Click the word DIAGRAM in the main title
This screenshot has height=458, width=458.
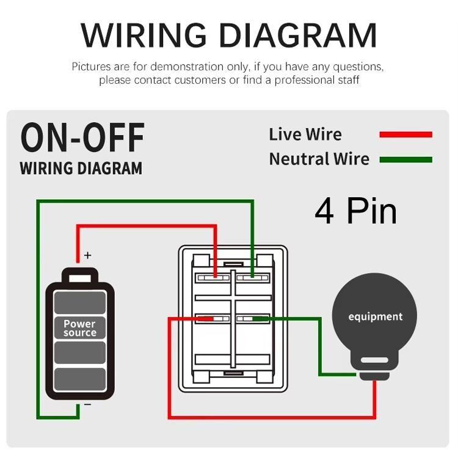coord(299,35)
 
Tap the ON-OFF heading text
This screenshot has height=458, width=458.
coord(83,137)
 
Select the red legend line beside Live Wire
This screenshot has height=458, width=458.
coord(405,134)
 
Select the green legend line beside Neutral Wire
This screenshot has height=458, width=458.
coord(405,160)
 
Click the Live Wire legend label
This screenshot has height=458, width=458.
coord(305,134)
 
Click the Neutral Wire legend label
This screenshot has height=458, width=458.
coord(319,159)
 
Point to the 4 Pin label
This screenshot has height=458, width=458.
coord(355,211)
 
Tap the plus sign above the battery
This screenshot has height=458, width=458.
coord(87,255)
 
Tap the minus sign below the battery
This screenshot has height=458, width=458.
coord(87,405)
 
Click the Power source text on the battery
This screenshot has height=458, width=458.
coord(79,329)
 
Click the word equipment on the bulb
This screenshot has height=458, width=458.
coord(375,316)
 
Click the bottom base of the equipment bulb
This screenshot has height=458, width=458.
coord(374,369)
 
